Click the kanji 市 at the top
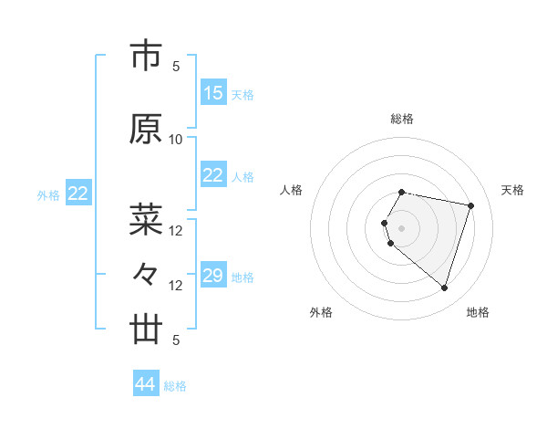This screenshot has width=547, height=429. (x=146, y=58)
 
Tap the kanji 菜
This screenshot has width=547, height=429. (x=146, y=219)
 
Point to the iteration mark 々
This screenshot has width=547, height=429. (x=146, y=274)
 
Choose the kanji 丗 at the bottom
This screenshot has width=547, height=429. (x=146, y=330)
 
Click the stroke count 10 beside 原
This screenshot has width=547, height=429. (x=176, y=140)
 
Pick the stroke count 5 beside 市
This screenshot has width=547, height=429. (x=176, y=67)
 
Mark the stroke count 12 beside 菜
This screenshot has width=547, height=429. (x=176, y=231)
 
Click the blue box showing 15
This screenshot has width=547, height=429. (x=213, y=93)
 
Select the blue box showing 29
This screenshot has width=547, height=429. (x=213, y=276)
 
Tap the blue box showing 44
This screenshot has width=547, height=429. (x=146, y=384)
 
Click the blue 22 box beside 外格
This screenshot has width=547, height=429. (x=78, y=194)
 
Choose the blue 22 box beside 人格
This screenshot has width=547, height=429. (x=213, y=175)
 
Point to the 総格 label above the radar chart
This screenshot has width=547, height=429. (x=402, y=119)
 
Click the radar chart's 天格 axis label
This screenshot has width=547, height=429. (x=512, y=190)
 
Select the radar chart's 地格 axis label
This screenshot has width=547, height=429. (x=478, y=312)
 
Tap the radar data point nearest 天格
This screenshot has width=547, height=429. (x=470, y=205)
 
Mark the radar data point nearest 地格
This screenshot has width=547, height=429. (x=444, y=288)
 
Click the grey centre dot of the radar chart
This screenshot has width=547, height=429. (x=402, y=227)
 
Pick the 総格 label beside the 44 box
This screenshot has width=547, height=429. (x=175, y=386)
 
